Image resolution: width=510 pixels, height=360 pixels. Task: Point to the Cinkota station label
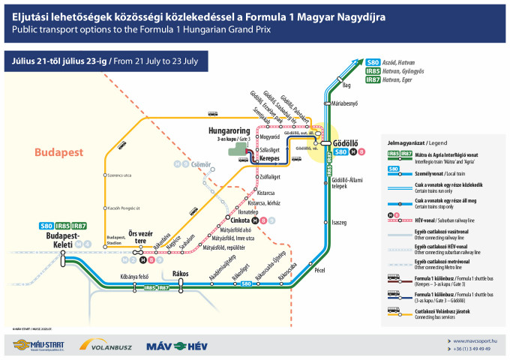(241, 221)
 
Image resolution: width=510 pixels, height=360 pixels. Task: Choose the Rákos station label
(180, 274)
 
